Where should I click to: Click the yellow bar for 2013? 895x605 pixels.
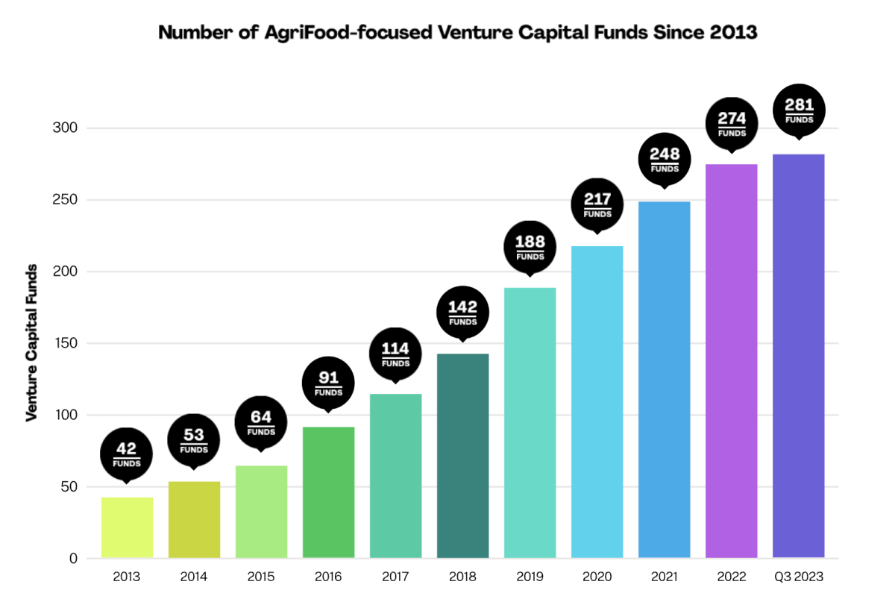point(127,527)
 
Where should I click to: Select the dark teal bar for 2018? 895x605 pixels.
point(462,455)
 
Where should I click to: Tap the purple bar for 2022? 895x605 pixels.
point(731,361)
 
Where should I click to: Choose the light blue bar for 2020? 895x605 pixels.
point(597,402)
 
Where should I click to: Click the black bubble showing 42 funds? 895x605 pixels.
point(127,454)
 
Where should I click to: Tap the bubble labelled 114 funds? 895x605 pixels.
point(395,353)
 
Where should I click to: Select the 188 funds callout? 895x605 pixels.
point(530,247)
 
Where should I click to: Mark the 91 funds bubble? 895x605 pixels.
point(328,382)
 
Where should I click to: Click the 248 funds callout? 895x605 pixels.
point(665,159)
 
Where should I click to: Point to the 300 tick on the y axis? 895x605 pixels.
point(68,128)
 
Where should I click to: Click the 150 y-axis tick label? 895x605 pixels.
point(68,343)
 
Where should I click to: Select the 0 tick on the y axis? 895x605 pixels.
point(73,558)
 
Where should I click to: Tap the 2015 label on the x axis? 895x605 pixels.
point(261,577)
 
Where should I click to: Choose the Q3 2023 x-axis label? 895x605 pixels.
point(798,577)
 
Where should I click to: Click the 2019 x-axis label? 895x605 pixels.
point(530,577)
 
